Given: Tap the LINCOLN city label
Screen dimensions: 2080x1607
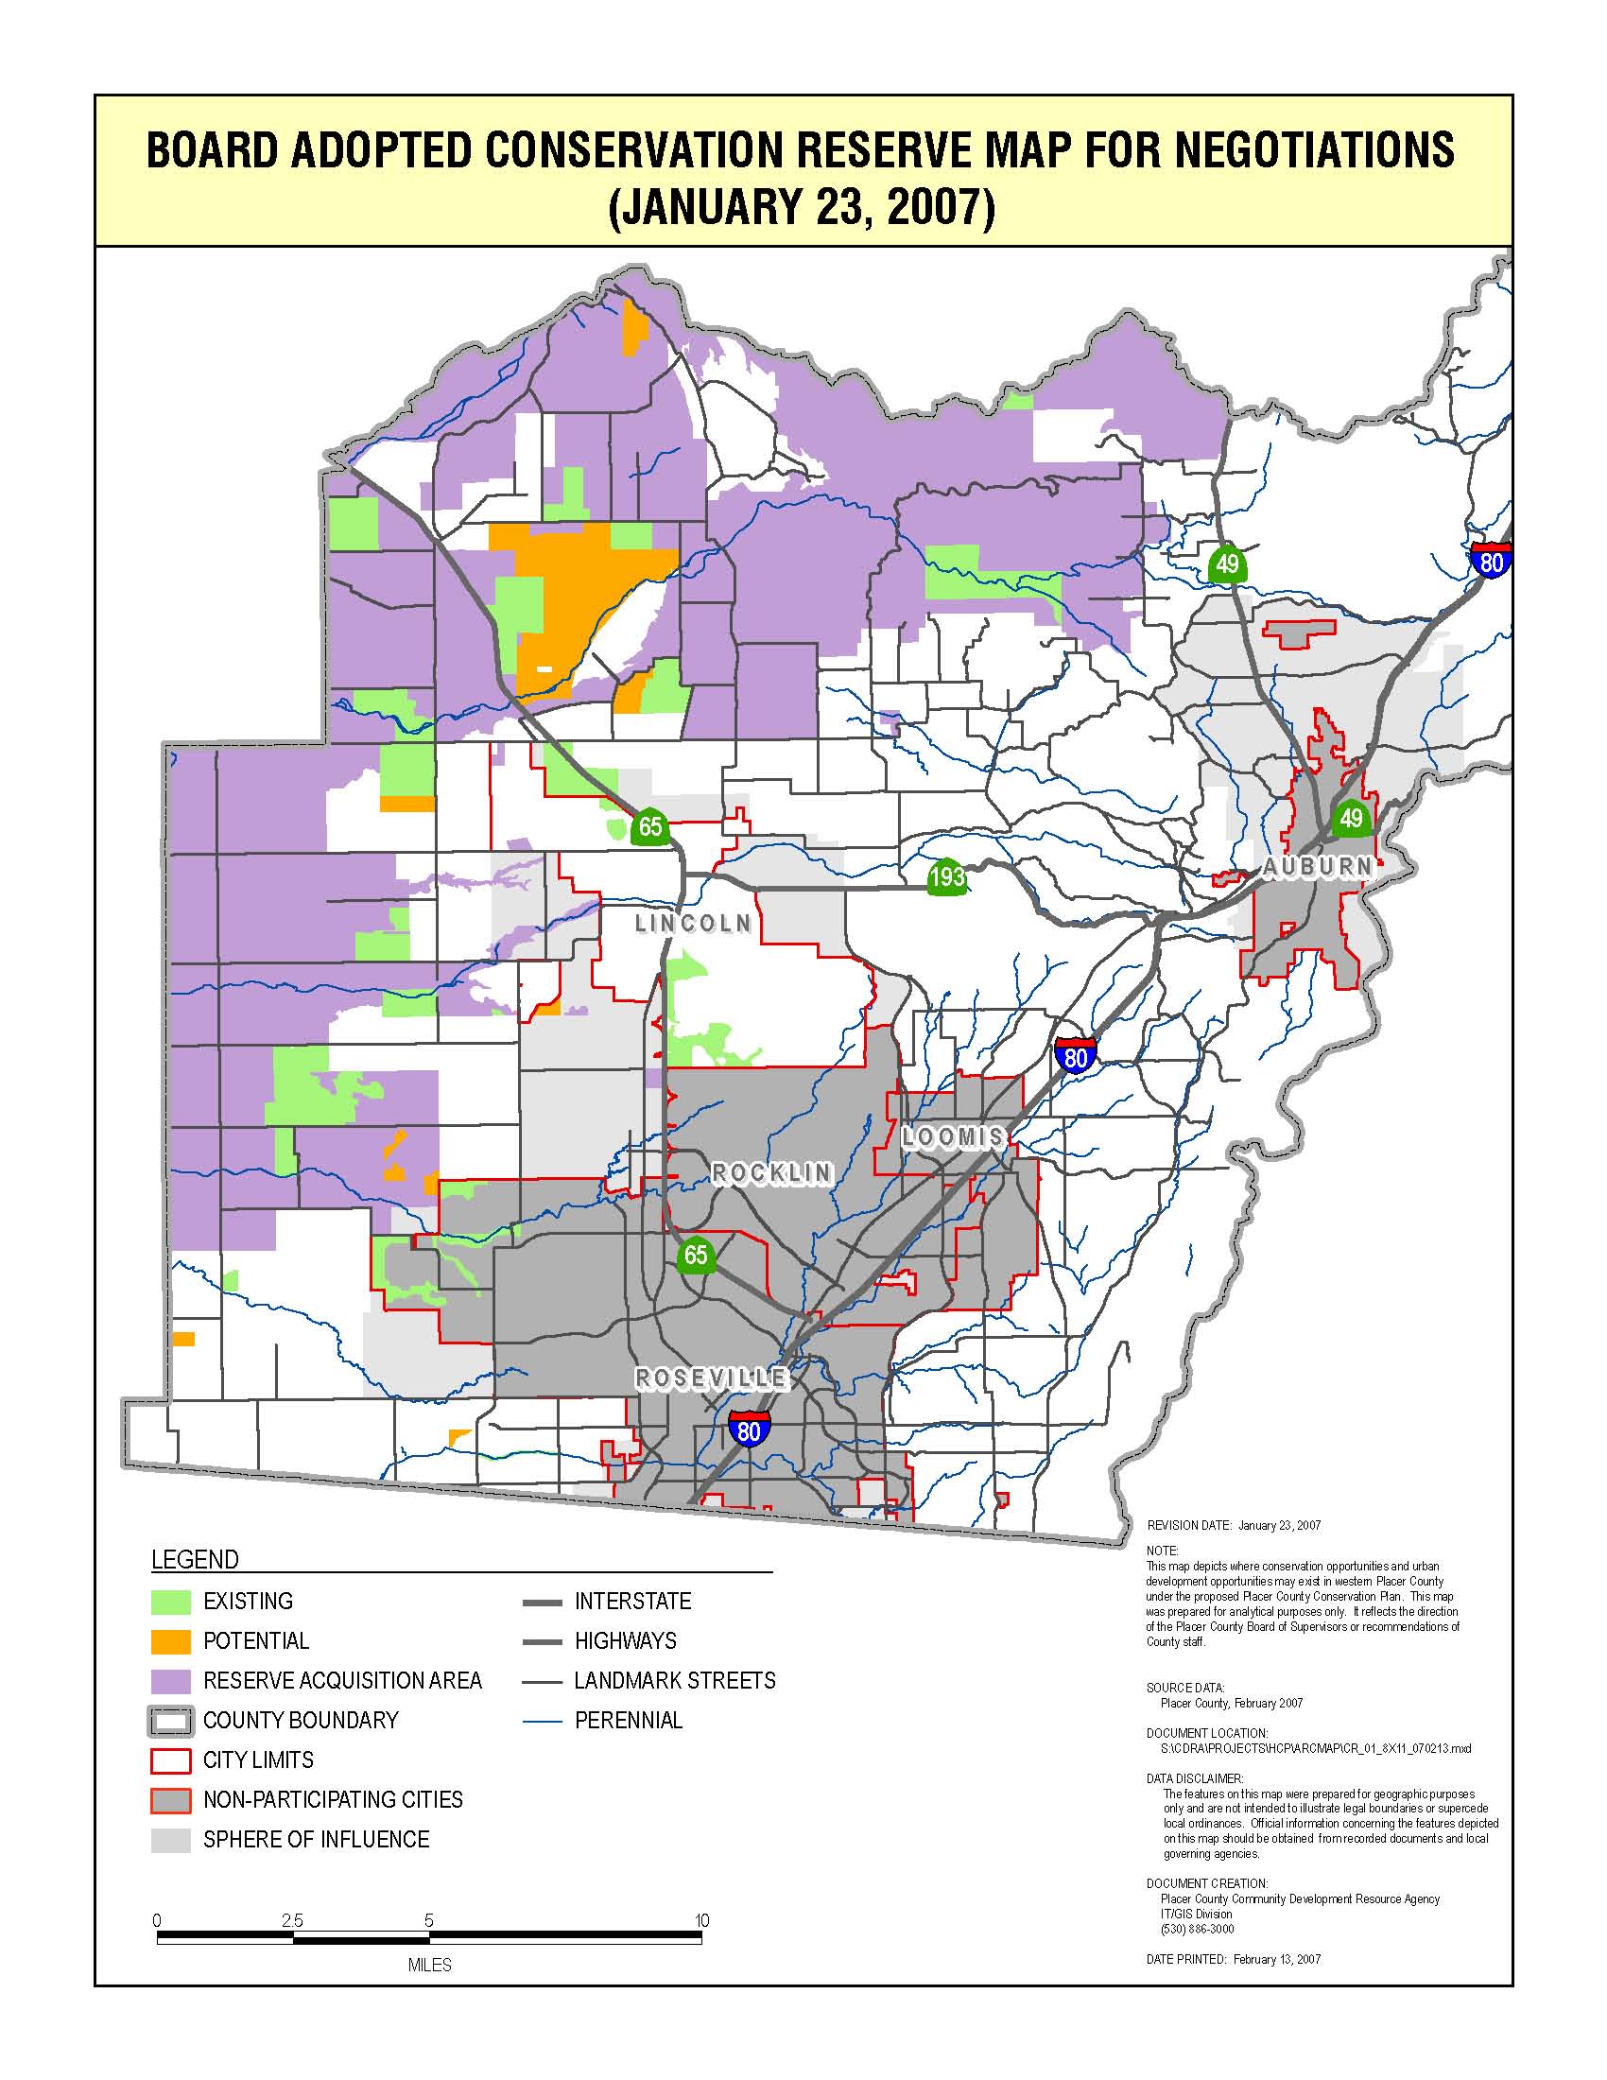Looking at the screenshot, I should pyautogui.click(x=693, y=923).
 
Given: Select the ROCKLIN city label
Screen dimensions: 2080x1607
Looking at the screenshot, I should pyautogui.click(x=771, y=1173).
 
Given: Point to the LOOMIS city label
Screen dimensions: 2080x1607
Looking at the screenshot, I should pyautogui.click(x=953, y=1136).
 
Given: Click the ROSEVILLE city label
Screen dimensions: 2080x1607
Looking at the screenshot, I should pyautogui.click(x=711, y=1378).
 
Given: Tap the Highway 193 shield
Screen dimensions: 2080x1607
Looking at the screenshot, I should pyautogui.click(x=946, y=876).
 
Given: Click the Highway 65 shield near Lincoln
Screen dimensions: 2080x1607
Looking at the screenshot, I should pyautogui.click(x=649, y=825).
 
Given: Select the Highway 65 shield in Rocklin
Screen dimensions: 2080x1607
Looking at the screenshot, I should pyautogui.click(x=696, y=1256).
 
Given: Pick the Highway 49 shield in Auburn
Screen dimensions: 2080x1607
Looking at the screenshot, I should pyautogui.click(x=1350, y=818).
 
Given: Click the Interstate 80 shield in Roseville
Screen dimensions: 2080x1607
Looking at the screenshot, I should pyautogui.click(x=750, y=1430).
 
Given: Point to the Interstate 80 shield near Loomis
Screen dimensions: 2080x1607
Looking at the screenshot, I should pyautogui.click(x=1075, y=1056).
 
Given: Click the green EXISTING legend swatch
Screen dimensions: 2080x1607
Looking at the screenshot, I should pyautogui.click(x=171, y=1601).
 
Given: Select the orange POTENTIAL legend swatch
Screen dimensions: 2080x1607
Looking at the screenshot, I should pyautogui.click(x=171, y=1641).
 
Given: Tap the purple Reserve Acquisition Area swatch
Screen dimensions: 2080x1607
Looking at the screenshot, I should pyautogui.click(x=171, y=1680).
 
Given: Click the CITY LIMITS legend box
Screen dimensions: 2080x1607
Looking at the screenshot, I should pyautogui.click(x=171, y=1760).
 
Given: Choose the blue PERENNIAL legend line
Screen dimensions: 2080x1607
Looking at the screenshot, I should pyautogui.click(x=544, y=1720).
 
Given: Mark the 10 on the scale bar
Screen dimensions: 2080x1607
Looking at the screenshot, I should pyautogui.click(x=701, y=1921).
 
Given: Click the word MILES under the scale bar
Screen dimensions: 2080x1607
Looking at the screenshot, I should pyautogui.click(x=429, y=1965).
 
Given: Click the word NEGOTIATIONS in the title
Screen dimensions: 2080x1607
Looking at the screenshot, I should pyautogui.click(x=1314, y=150).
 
